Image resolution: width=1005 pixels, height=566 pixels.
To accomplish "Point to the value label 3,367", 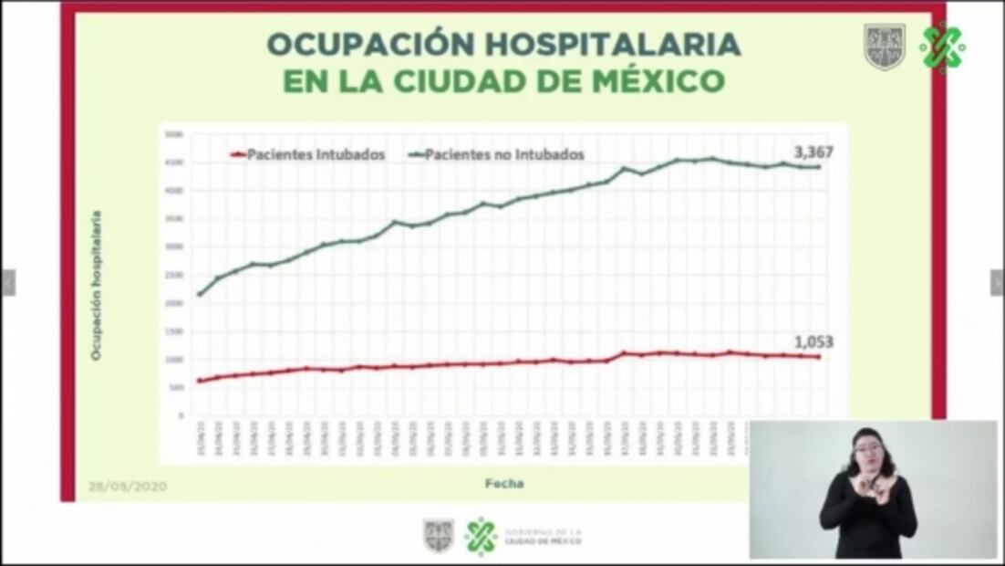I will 813,152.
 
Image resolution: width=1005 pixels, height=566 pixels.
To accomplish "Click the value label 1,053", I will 813,342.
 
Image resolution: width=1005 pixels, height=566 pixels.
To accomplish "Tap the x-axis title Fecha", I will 503,484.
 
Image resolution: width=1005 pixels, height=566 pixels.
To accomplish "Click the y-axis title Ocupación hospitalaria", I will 96,286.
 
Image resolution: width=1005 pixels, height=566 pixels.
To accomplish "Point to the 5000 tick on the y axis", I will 174,135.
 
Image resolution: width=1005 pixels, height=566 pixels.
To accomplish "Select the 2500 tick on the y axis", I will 174,275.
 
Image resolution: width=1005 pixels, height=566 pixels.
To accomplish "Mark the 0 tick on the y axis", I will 180,415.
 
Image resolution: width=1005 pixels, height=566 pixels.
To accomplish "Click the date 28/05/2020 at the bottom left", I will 128,486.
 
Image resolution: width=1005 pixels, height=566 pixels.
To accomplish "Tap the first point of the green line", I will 200,294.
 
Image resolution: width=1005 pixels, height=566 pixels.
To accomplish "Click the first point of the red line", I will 200,381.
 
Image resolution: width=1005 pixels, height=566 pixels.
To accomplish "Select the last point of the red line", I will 817,357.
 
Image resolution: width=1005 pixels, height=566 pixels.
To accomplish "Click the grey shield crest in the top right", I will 884,47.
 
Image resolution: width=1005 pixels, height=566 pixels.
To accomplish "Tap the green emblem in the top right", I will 941,47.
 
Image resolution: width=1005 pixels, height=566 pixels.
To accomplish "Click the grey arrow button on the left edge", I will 7,283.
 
